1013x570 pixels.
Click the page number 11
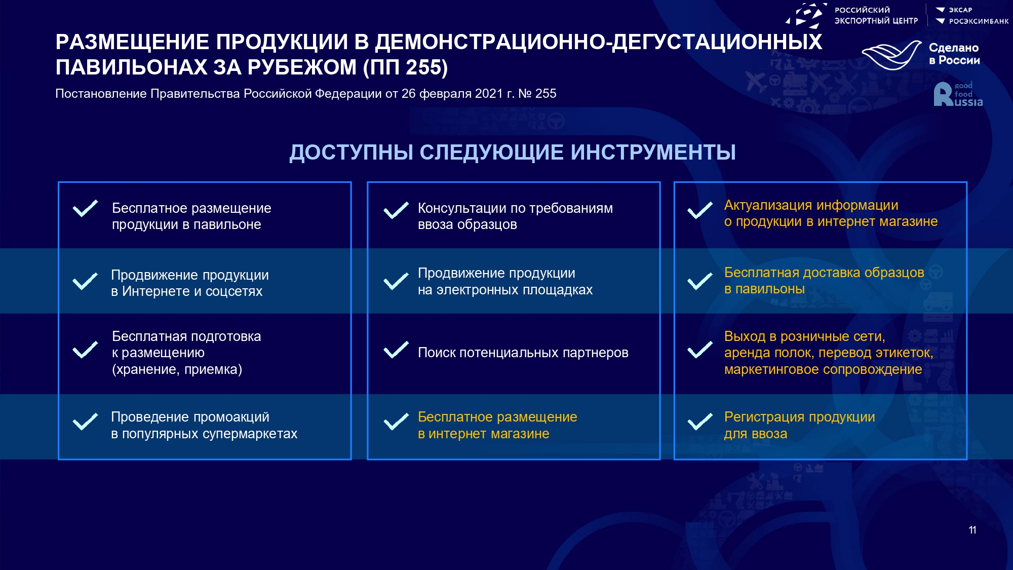pos(972,530)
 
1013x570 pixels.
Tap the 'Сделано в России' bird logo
pos(891,55)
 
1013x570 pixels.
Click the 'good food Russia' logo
pos(958,94)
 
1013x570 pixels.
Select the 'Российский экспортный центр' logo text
pos(876,15)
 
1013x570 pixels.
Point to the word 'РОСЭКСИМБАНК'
pos(979,21)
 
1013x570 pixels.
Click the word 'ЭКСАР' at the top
pos(960,10)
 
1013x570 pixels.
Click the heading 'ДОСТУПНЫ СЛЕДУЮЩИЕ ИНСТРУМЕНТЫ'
pos(513,153)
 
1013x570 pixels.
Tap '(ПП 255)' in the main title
pos(405,67)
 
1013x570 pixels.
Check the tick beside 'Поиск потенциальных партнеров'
pos(396,350)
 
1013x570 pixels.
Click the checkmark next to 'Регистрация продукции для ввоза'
pos(700,422)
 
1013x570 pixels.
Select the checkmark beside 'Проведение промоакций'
pos(85,422)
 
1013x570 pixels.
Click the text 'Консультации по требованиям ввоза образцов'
pos(515,216)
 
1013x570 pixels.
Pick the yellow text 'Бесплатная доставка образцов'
pos(824,273)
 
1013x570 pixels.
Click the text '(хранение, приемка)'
pos(177,369)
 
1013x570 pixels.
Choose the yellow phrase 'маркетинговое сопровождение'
pos(823,369)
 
